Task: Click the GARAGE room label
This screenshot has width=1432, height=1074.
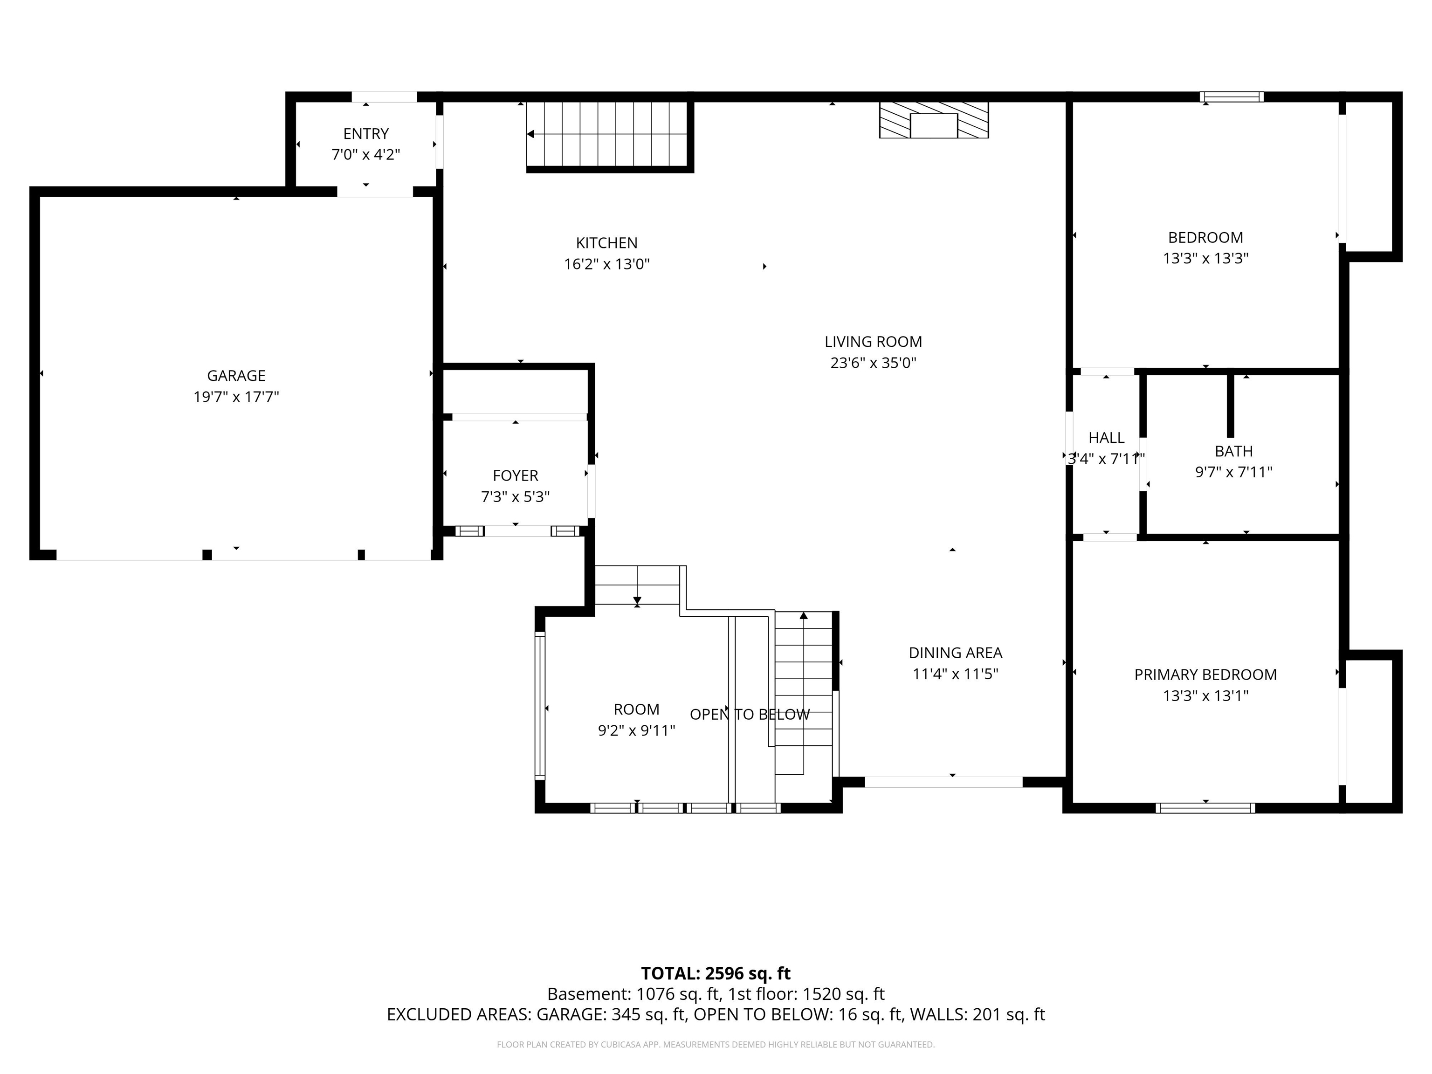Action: pos(236,375)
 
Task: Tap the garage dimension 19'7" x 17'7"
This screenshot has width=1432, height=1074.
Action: pos(236,397)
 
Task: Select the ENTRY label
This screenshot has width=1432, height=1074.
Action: pos(366,134)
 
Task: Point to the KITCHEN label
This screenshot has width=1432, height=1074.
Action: pos(606,243)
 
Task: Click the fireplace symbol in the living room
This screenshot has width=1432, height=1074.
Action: pos(934,120)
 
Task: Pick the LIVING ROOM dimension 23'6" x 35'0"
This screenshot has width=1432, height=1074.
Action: pos(873,363)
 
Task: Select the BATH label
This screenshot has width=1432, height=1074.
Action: pos(1233,451)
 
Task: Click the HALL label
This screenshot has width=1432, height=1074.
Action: pos(1106,438)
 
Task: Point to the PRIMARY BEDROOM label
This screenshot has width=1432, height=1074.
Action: pos(1205,675)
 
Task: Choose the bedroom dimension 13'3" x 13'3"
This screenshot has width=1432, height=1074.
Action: pos(1205,258)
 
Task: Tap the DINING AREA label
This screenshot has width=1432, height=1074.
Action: pos(956,653)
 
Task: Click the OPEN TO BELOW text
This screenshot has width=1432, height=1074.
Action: pos(750,714)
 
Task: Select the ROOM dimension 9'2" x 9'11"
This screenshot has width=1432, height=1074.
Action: pos(636,731)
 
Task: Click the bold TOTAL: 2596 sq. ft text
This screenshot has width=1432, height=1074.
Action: pos(716,974)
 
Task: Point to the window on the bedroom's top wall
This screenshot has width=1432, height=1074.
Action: pos(1231,97)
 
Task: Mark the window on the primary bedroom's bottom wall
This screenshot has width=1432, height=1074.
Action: pos(1205,808)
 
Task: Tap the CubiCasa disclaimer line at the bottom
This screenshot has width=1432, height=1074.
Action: pos(716,1044)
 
